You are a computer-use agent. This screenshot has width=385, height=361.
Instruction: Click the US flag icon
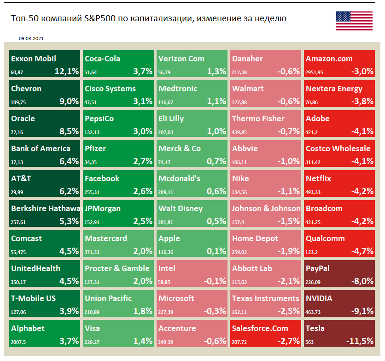click(x=354, y=21)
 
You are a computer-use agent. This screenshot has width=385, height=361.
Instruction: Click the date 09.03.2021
click(x=31, y=39)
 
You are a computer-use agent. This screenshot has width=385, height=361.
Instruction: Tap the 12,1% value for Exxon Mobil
click(x=67, y=71)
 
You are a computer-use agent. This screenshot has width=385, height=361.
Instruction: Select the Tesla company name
click(x=315, y=328)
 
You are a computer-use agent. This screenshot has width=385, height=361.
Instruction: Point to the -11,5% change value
click(x=360, y=341)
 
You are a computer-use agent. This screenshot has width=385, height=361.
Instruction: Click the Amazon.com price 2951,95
click(x=315, y=72)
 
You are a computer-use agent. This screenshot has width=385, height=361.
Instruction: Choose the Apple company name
click(x=169, y=238)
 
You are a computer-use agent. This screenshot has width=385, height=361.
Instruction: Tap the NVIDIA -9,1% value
click(x=361, y=311)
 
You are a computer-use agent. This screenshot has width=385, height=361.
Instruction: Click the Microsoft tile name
click(x=176, y=298)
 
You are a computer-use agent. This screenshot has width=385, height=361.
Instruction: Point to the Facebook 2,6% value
click(x=142, y=191)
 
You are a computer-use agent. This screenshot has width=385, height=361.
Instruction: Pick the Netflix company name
click(x=319, y=178)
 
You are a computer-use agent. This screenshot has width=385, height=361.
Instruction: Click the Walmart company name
click(x=248, y=89)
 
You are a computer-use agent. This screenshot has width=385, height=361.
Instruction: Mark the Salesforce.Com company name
click(x=260, y=328)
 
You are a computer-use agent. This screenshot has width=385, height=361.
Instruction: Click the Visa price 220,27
click(x=93, y=342)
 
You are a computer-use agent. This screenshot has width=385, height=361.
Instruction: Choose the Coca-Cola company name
click(x=102, y=59)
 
